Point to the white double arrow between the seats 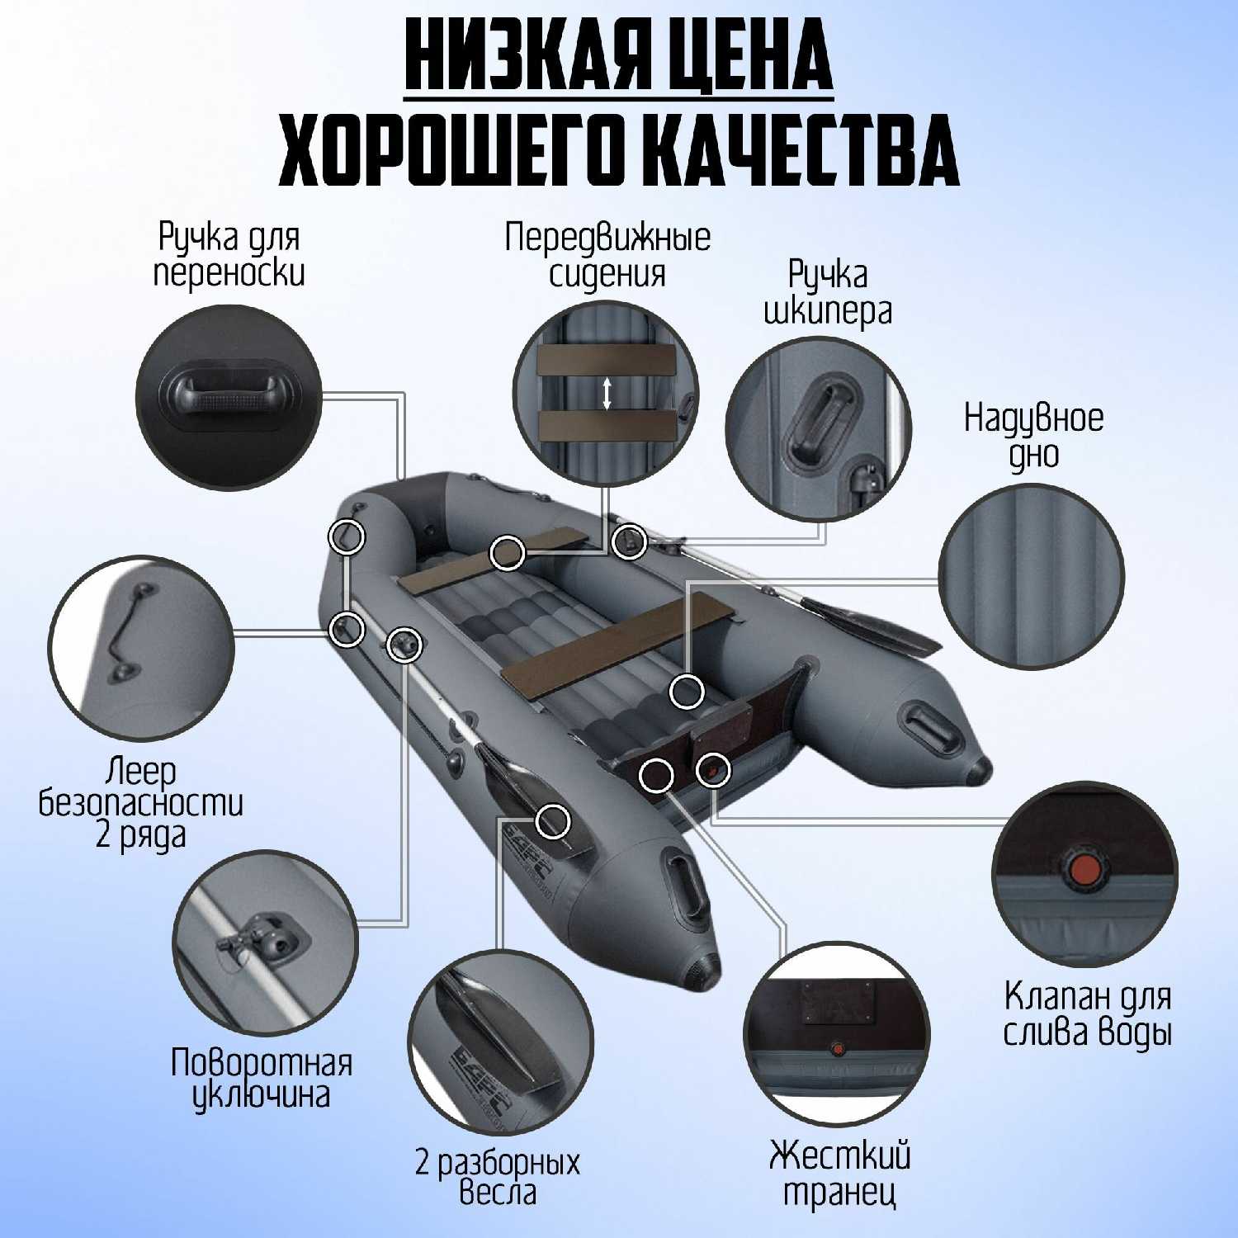[x=607, y=393]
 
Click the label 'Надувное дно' [x=1033, y=435]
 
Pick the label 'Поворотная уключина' [x=262, y=1079]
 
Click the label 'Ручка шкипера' [x=828, y=293]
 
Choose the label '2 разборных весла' [x=498, y=1178]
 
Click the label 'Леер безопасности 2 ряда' [x=141, y=803]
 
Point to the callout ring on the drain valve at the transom [x=712, y=770]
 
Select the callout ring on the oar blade [x=553, y=821]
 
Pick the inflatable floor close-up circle [x=1032, y=575]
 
